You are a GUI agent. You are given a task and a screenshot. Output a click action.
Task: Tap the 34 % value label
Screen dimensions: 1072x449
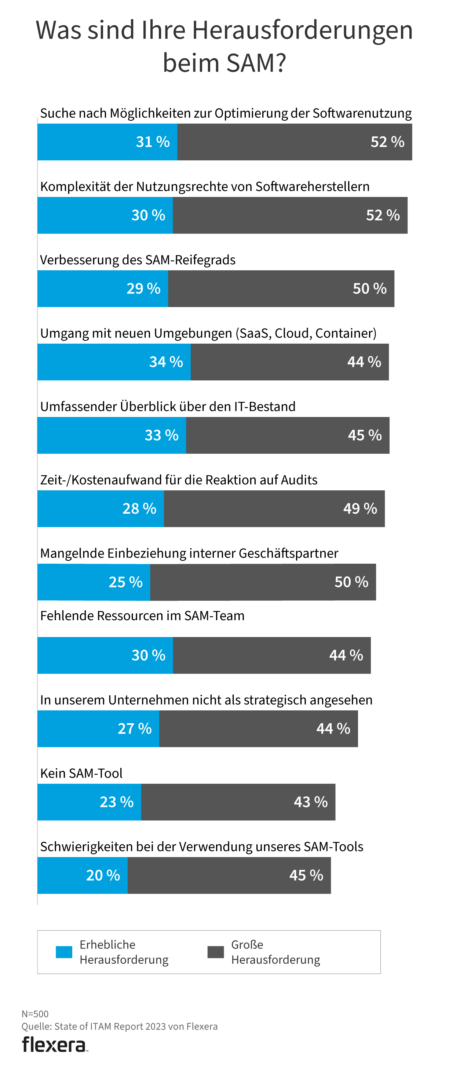166,362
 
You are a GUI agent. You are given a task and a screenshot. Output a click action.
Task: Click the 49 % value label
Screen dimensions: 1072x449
360,509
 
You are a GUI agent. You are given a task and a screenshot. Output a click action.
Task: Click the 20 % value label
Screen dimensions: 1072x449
103,875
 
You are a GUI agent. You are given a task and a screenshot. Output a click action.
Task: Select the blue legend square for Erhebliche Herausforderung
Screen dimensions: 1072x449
64,952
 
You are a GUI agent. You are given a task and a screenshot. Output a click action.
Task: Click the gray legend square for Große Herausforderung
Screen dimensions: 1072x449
216,952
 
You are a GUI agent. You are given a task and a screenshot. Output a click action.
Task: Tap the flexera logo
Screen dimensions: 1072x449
55,1045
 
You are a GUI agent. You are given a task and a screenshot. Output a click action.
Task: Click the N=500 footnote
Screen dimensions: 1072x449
35,1014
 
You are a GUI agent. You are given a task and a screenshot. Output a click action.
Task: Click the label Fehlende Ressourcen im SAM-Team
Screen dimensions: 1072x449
142,615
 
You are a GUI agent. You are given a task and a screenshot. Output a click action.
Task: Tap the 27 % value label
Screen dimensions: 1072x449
134,729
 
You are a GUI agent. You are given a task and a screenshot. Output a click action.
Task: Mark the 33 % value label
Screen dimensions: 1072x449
161,435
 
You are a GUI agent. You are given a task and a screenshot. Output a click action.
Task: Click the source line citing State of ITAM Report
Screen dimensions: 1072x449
120,1026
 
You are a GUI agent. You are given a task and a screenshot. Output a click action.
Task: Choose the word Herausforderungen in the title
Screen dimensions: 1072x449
302,30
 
